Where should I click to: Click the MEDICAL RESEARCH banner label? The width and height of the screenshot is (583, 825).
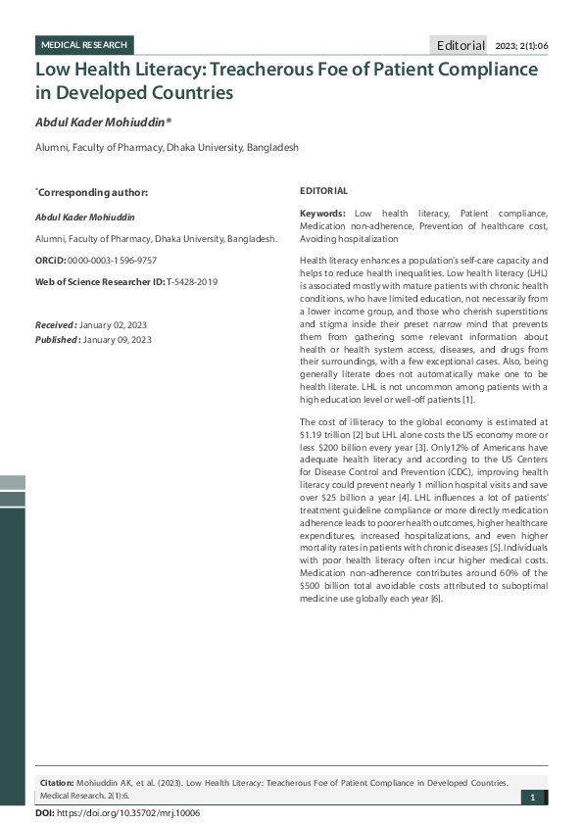click(83, 45)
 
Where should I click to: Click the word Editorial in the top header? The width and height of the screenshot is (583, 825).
click(461, 45)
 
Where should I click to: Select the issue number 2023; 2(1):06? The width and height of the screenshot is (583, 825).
click(523, 45)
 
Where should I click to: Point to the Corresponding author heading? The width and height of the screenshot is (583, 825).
click(92, 192)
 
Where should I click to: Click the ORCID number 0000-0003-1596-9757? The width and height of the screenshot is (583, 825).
click(112, 261)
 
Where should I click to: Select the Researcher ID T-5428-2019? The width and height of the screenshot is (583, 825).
click(192, 281)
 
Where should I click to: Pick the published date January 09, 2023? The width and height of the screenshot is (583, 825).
click(118, 339)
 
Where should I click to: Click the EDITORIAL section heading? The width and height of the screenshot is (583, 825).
click(323, 190)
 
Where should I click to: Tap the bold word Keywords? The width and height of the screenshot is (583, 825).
click(322, 213)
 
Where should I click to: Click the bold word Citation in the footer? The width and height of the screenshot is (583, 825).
click(56, 783)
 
